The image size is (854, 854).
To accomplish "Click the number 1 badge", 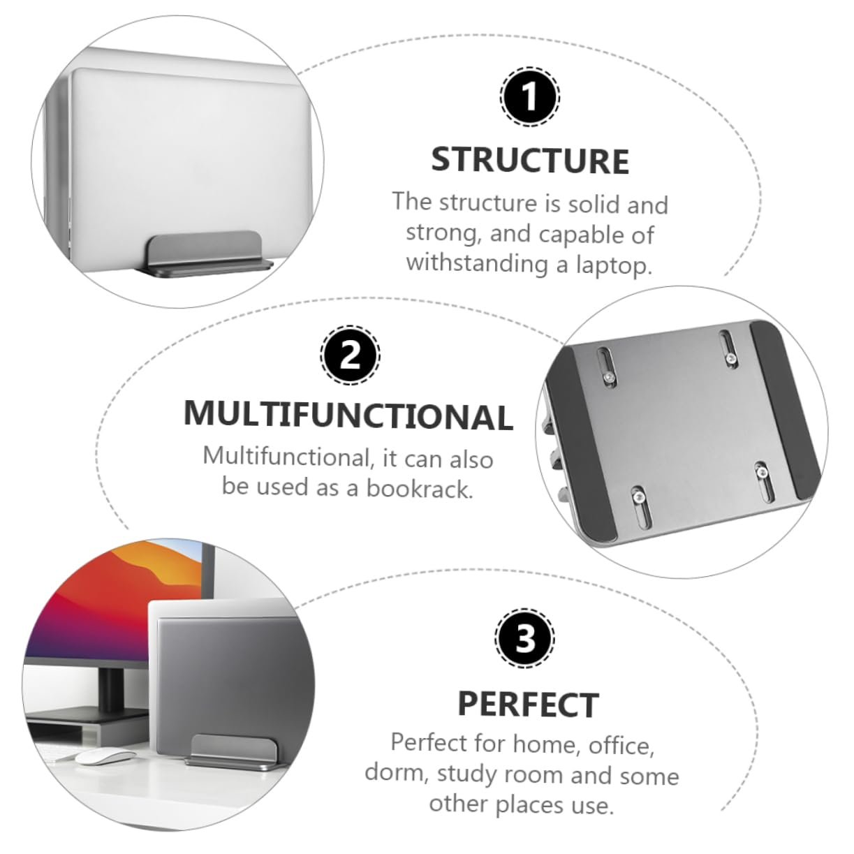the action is pos(529,96).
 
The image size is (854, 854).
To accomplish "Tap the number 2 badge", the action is pos(350,355).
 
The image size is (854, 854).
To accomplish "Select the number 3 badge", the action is pos(524,640).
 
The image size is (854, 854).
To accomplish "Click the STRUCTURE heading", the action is pos(530,161).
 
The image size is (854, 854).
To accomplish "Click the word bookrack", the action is pos(419,489).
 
